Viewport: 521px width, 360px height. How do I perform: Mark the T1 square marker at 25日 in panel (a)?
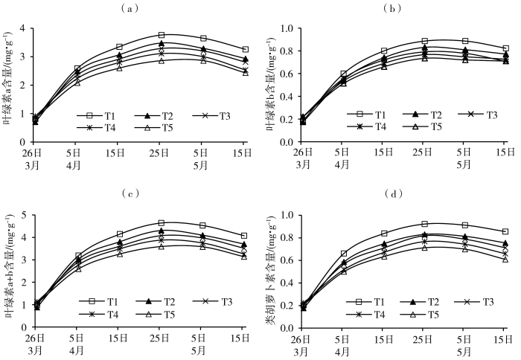point(162,35)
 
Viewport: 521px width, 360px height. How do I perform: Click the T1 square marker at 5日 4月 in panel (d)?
point(343,254)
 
